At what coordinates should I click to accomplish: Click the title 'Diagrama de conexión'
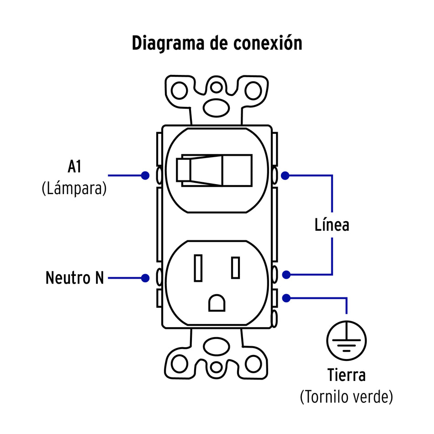coord(217,43)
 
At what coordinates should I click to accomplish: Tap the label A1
coord(74,167)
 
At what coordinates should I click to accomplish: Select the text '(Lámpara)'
coord(74,188)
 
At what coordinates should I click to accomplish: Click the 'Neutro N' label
coord(75,278)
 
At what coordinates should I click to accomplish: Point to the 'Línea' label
coord(332,225)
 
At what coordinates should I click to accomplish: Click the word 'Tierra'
coord(346,376)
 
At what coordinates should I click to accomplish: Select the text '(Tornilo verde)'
coord(346,397)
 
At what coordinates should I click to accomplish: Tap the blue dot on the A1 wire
coord(145,175)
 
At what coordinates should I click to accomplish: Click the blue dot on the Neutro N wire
coord(145,278)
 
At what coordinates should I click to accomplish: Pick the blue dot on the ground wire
coord(286,298)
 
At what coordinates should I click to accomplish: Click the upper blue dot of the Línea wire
coord(286,175)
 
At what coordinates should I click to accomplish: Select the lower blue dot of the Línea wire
coord(286,275)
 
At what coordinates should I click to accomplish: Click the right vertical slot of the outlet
coord(235,268)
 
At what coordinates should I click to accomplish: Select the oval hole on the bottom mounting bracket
coord(217,346)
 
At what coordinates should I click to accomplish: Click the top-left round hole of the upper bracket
coord(180,90)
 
